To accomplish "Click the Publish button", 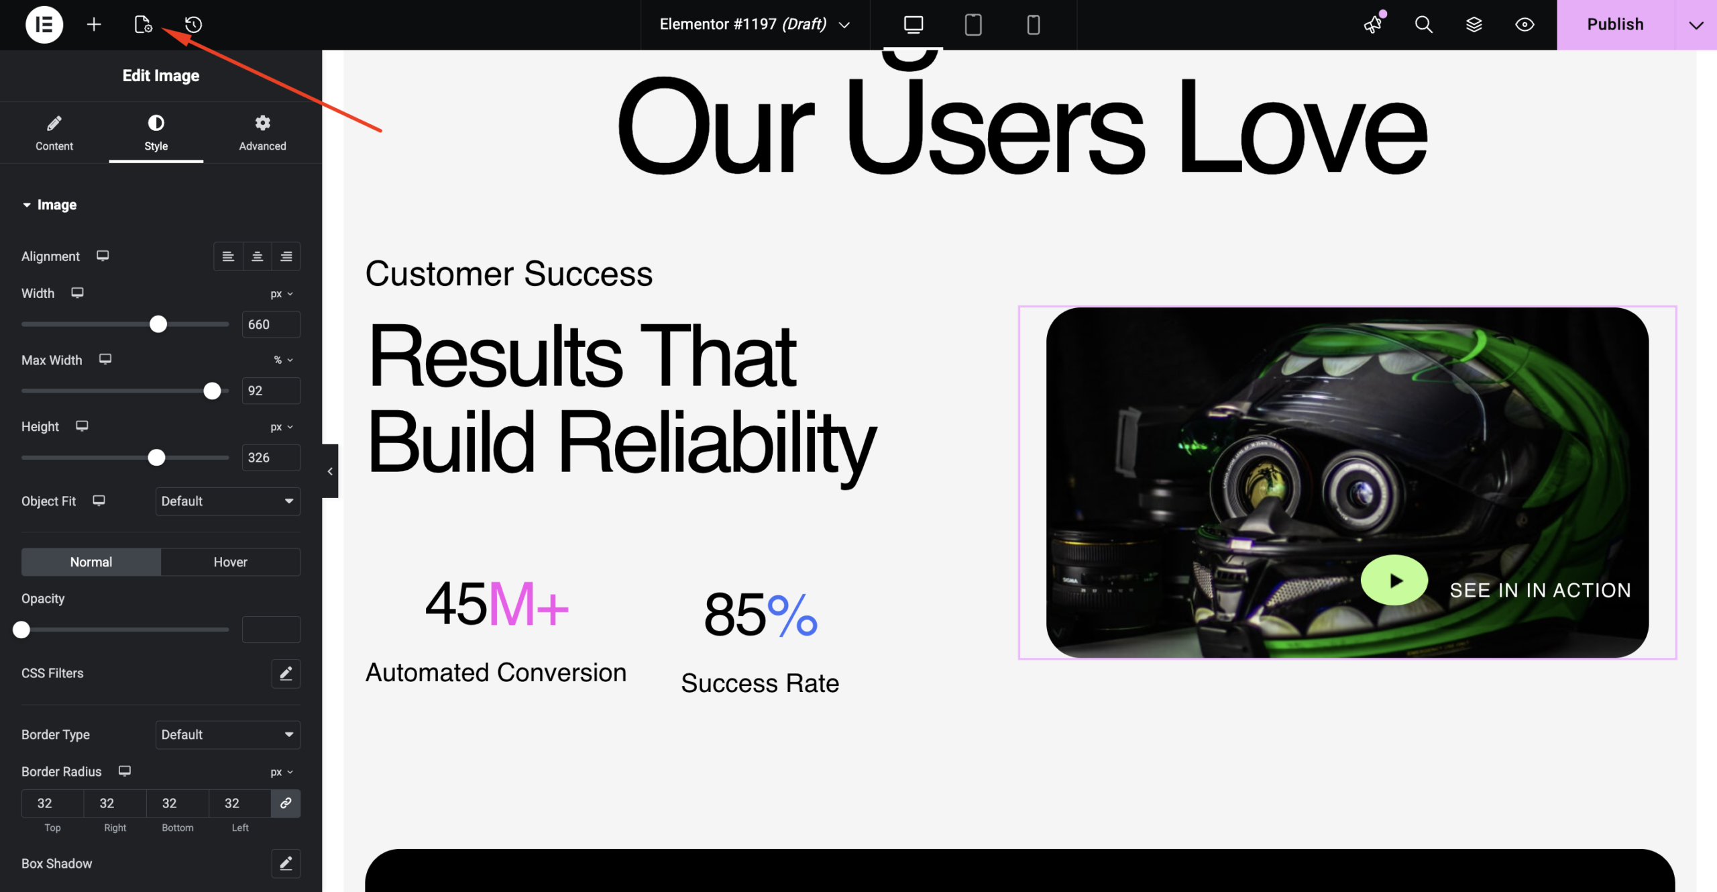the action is click(1615, 25).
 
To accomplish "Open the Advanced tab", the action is click(262, 133).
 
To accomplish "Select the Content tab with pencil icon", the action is click(54, 133).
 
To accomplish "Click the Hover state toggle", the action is click(230, 562).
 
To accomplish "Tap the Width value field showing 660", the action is click(271, 324).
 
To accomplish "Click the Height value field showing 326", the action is click(271, 458).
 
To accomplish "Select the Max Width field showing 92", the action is click(271, 391).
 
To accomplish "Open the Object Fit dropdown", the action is click(227, 501).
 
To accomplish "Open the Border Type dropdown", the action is click(227, 735).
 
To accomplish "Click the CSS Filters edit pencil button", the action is click(286, 673).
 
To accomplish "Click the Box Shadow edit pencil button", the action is click(286, 864).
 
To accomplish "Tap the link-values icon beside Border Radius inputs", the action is click(286, 803).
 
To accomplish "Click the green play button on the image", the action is click(1394, 581).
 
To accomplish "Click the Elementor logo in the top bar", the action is click(44, 25).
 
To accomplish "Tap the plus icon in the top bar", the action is click(94, 25).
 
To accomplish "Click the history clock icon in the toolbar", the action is click(194, 25).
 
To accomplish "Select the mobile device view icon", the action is click(1034, 25).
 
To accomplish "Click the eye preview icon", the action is click(1525, 25).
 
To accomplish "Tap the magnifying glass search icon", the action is click(1423, 25).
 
